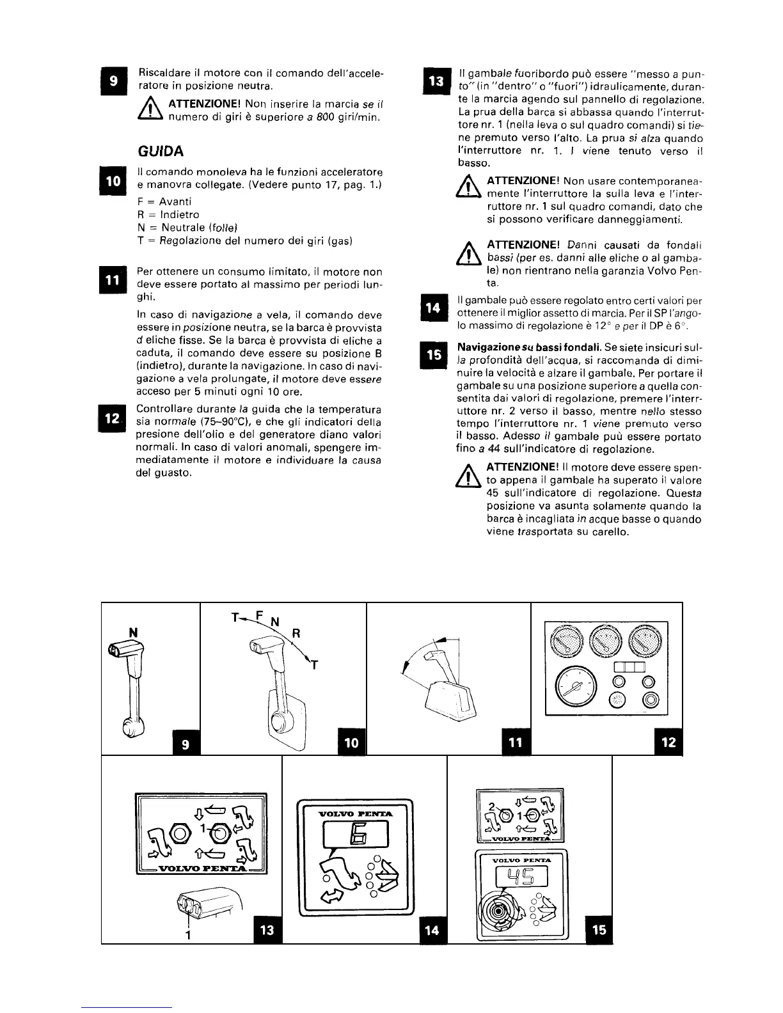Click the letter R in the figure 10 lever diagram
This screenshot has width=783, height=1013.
(296, 634)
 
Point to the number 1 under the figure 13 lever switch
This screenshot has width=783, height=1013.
(188, 935)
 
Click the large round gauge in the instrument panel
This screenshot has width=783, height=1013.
(574, 686)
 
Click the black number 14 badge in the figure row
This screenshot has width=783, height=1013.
(432, 931)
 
